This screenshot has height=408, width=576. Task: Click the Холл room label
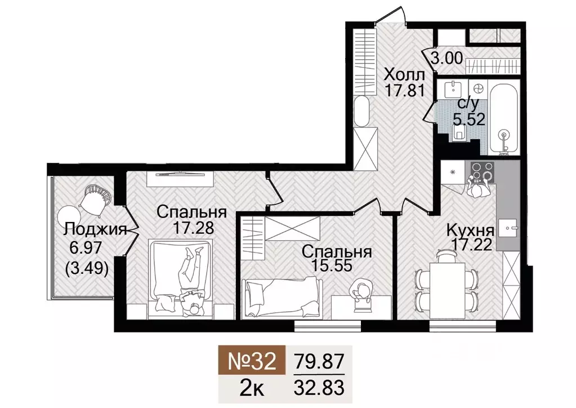point(404,74)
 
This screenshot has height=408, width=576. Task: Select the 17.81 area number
point(404,90)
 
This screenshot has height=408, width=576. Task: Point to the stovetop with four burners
point(481,172)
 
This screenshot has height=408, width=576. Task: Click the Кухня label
point(470,230)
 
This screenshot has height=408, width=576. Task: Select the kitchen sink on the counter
point(508,228)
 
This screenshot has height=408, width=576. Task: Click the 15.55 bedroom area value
point(336,265)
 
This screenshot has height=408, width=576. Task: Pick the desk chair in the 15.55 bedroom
point(360,294)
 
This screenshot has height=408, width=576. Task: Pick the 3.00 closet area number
point(447,58)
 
